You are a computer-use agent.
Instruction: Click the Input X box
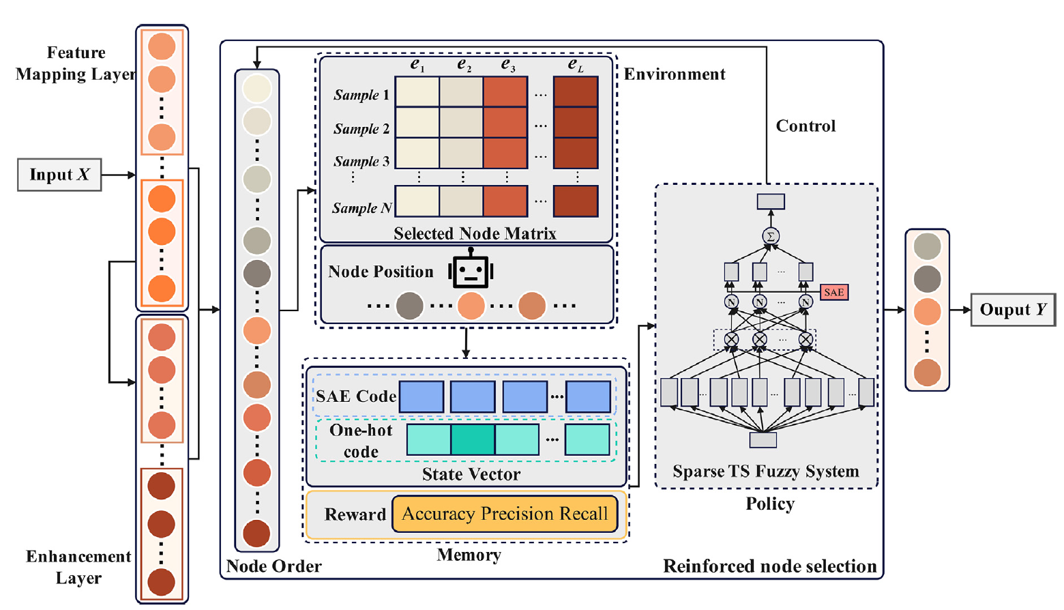pos(59,175)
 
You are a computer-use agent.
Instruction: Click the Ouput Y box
pos(1012,310)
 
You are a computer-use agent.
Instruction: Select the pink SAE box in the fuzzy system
pos(833,292)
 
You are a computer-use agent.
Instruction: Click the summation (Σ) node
pos(771,236)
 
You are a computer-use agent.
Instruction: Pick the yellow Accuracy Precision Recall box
pos(505,514)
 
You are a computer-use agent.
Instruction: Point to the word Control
pos(806,126)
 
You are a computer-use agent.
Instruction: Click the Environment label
pos(675,74)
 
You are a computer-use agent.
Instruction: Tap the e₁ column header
pos(417,65)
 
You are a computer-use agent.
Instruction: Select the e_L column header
pos(576,65)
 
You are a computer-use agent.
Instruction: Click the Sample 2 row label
pos(361,129)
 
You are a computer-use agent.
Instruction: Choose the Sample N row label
pos(361,208)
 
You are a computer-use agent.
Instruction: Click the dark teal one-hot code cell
pos(473,439)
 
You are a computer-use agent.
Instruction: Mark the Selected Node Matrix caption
pos(475,233)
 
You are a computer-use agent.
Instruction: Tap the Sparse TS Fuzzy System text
pos(765,471)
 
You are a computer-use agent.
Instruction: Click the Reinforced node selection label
pos(769,566)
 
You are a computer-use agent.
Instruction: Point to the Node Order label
pos(274,566)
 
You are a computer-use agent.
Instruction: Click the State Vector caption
pos(471,474)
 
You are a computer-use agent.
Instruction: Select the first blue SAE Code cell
pos(421,396)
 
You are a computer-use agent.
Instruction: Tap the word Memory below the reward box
pos(469,555)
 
